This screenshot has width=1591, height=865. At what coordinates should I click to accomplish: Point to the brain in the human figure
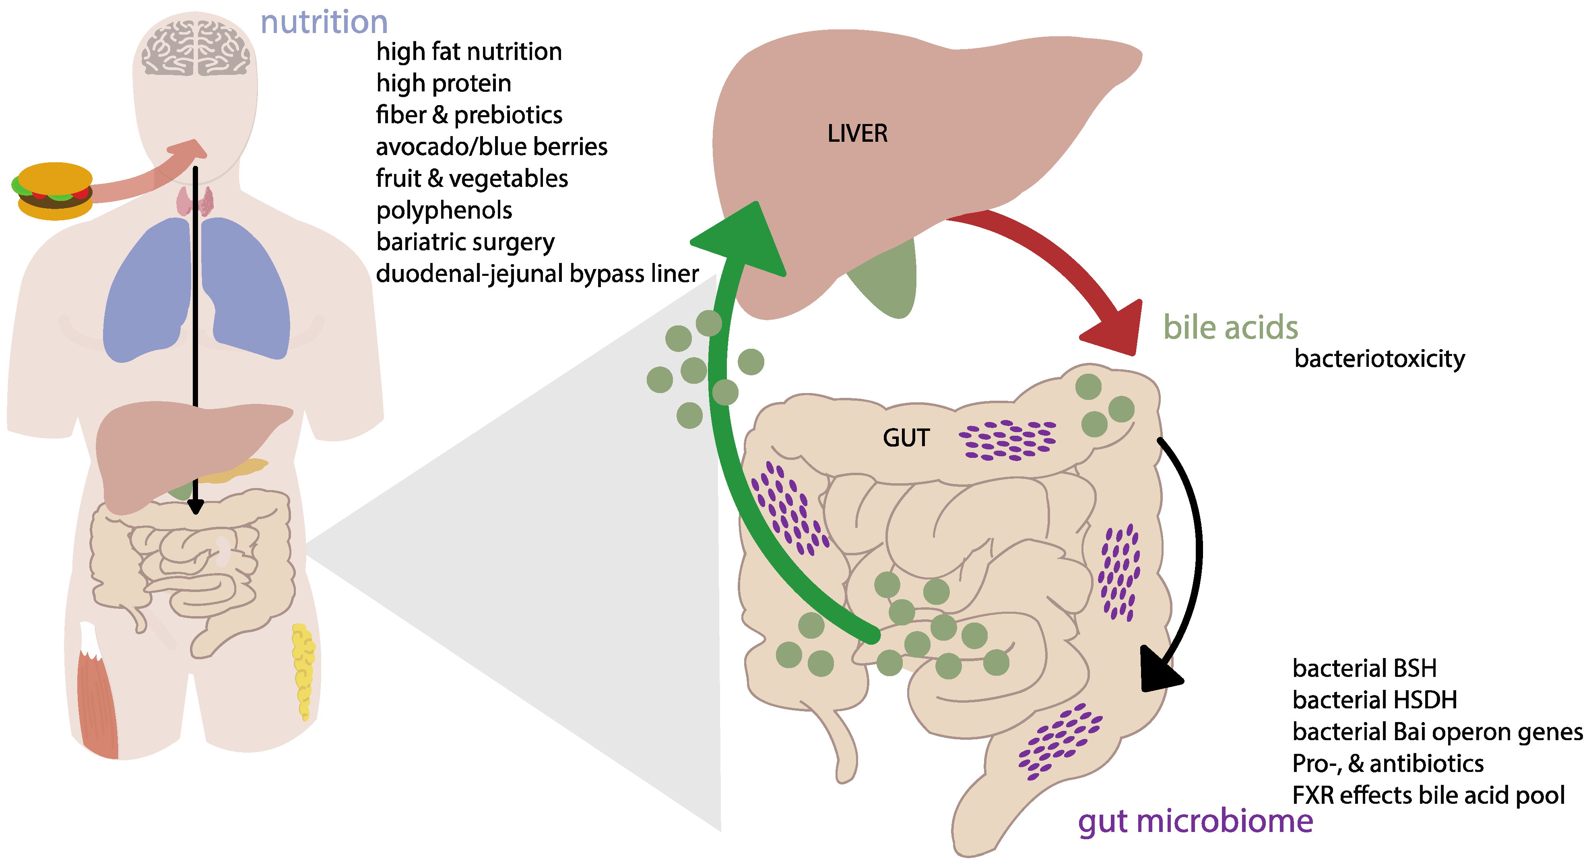pyautogui.click(x=195, y=48)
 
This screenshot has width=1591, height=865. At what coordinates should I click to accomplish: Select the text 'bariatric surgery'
pyautogui.click(x=465, y=242)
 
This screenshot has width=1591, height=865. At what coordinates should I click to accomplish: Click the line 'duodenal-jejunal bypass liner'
pyautogui.click(x=537, y=274)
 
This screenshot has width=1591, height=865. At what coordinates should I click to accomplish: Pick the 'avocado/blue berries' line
pyautogui.click(x=492, y=147)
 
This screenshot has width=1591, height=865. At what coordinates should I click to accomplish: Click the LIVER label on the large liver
pyautogui.click(x=857, y=133)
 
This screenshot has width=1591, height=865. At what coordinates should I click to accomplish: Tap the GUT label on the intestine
pyautogui.click(x=906, y=438)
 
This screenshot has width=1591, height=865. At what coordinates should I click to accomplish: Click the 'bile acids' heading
pyautogui.click(x=1230, y=327)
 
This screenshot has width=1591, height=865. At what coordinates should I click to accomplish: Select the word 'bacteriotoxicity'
pyautogui.click(x=1379, y=359)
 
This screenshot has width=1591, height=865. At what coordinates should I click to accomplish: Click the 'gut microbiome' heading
pyautogui.click(x=1195, y=822)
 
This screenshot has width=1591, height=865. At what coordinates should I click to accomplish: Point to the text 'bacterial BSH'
pyautogui.click(x=1364, y=668)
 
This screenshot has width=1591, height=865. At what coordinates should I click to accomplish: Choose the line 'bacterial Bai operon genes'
pyautogui.click(x=1437, y=732)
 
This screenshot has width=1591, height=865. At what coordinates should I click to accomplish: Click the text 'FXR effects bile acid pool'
pyautogui.click(x=1428, y=796)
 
